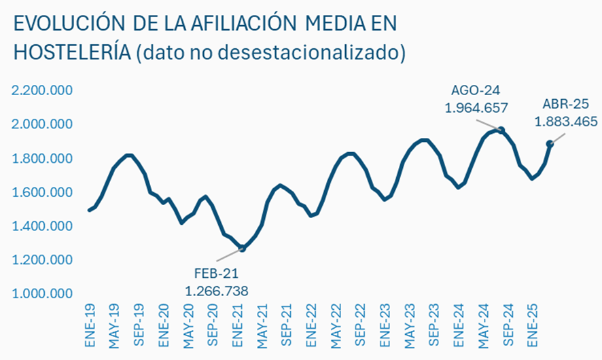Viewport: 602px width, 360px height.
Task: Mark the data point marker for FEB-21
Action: pyautogui.click(x=243, y=249)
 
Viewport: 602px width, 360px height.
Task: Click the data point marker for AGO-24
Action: pyautogui.click(x=501, y=130)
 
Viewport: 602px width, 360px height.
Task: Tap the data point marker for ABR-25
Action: pyautogui.click(x=550, y=143)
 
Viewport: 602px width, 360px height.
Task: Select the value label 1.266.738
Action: pyautogui.click(x=217, y=291)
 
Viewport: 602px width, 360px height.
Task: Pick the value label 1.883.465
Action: pyautogui.click(x=565, y=122)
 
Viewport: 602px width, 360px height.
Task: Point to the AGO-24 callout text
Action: pyautogui.click(x=476, y=90)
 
